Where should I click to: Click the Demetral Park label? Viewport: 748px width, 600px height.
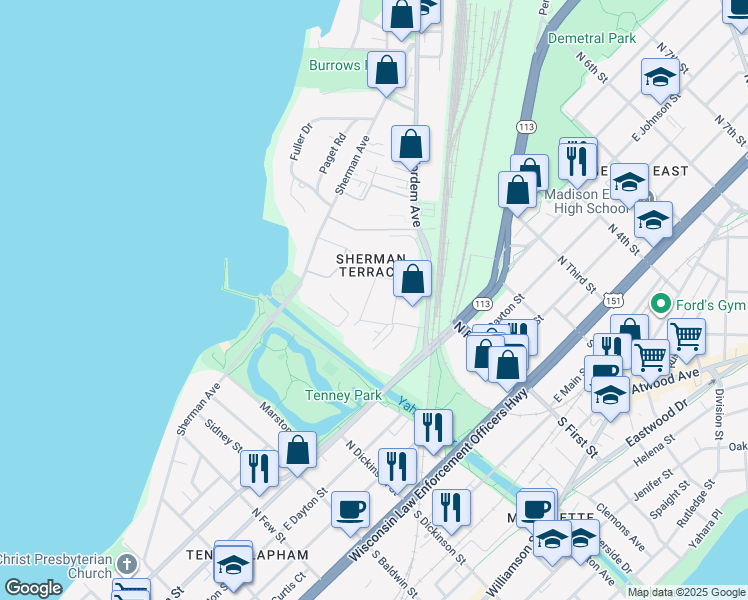pyautogui.click(x=591, y=38)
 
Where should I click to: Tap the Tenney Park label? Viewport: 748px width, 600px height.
pyautogui.click(x=343, y=395)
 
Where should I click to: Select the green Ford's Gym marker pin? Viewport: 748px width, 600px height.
pyautogui.click(x=659, y=302)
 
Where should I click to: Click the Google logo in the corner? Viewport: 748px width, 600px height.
pyautogui.click(x=33, y=588)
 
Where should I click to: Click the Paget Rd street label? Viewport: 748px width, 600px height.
pyautogui.click(x=331, y=152)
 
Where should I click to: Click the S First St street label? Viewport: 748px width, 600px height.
pyautogui.click(x=578, y=436)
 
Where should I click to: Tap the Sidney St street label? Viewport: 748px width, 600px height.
pyautogui.click(x=224, y=433)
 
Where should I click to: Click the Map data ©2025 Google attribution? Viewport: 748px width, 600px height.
pyautogui.click(x=686, y=592)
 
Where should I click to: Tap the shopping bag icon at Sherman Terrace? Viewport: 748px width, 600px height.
pyautogui.click(x=412, y=279)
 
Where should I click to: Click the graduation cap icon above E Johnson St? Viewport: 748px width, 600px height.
pyautogui.click(x=660, y=76)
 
